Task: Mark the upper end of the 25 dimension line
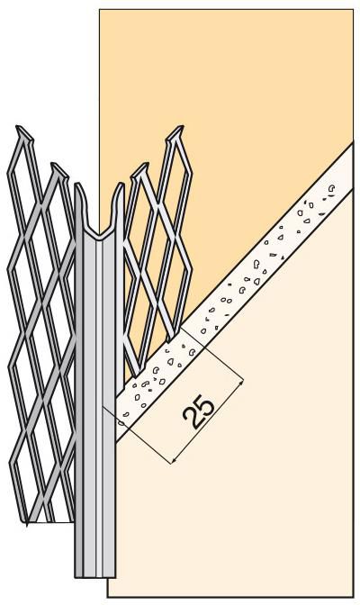241,383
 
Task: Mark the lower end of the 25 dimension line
170,462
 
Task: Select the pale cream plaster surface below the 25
252,504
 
